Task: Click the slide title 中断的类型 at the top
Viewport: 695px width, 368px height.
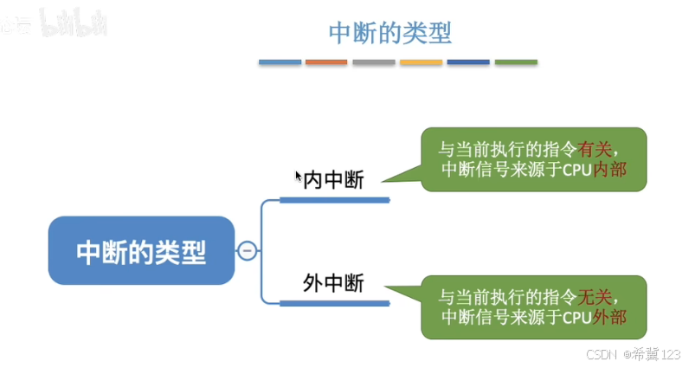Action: (390, 33)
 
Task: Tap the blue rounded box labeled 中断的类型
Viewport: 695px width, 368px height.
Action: (141, 251)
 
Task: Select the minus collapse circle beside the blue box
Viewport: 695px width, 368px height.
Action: (247, 251)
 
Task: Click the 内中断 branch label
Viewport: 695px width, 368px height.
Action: (333, 181)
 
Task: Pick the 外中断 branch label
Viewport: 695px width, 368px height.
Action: (333, 283)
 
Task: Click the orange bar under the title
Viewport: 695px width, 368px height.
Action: (326, 62)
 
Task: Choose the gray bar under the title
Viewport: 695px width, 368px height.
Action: (374, 62)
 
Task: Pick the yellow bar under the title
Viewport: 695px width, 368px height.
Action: (422, 62)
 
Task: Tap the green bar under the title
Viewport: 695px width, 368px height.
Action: (516, 62)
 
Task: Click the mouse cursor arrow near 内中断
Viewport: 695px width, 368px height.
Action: (299, 177)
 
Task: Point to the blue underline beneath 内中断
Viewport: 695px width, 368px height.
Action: (334, 200)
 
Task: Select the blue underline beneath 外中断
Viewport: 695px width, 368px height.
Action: (334, 302)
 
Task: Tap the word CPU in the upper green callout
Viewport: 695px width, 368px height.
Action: (577, 170)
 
